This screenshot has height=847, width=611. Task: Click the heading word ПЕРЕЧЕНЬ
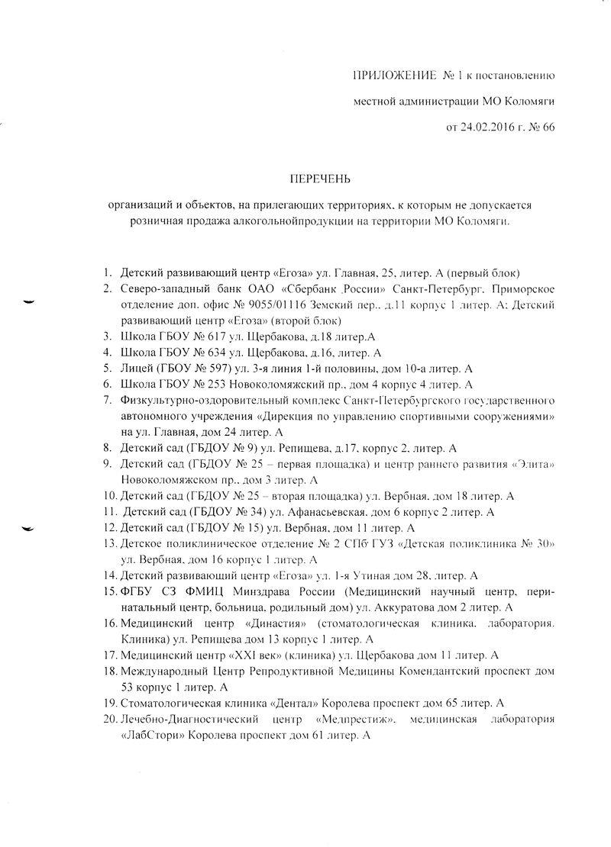319,179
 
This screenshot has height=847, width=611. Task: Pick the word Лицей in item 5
137,368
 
